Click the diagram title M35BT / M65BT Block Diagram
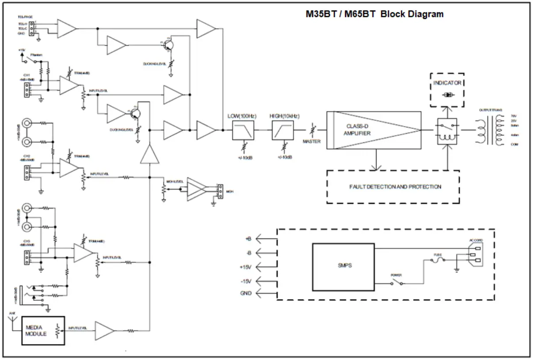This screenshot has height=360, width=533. tap(375, 14)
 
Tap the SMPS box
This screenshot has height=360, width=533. tap(344, 265)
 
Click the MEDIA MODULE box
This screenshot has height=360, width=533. tap(43, 331)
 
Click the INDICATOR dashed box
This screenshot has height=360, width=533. tap(448, 90)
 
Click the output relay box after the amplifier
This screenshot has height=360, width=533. tap(447, 131)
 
